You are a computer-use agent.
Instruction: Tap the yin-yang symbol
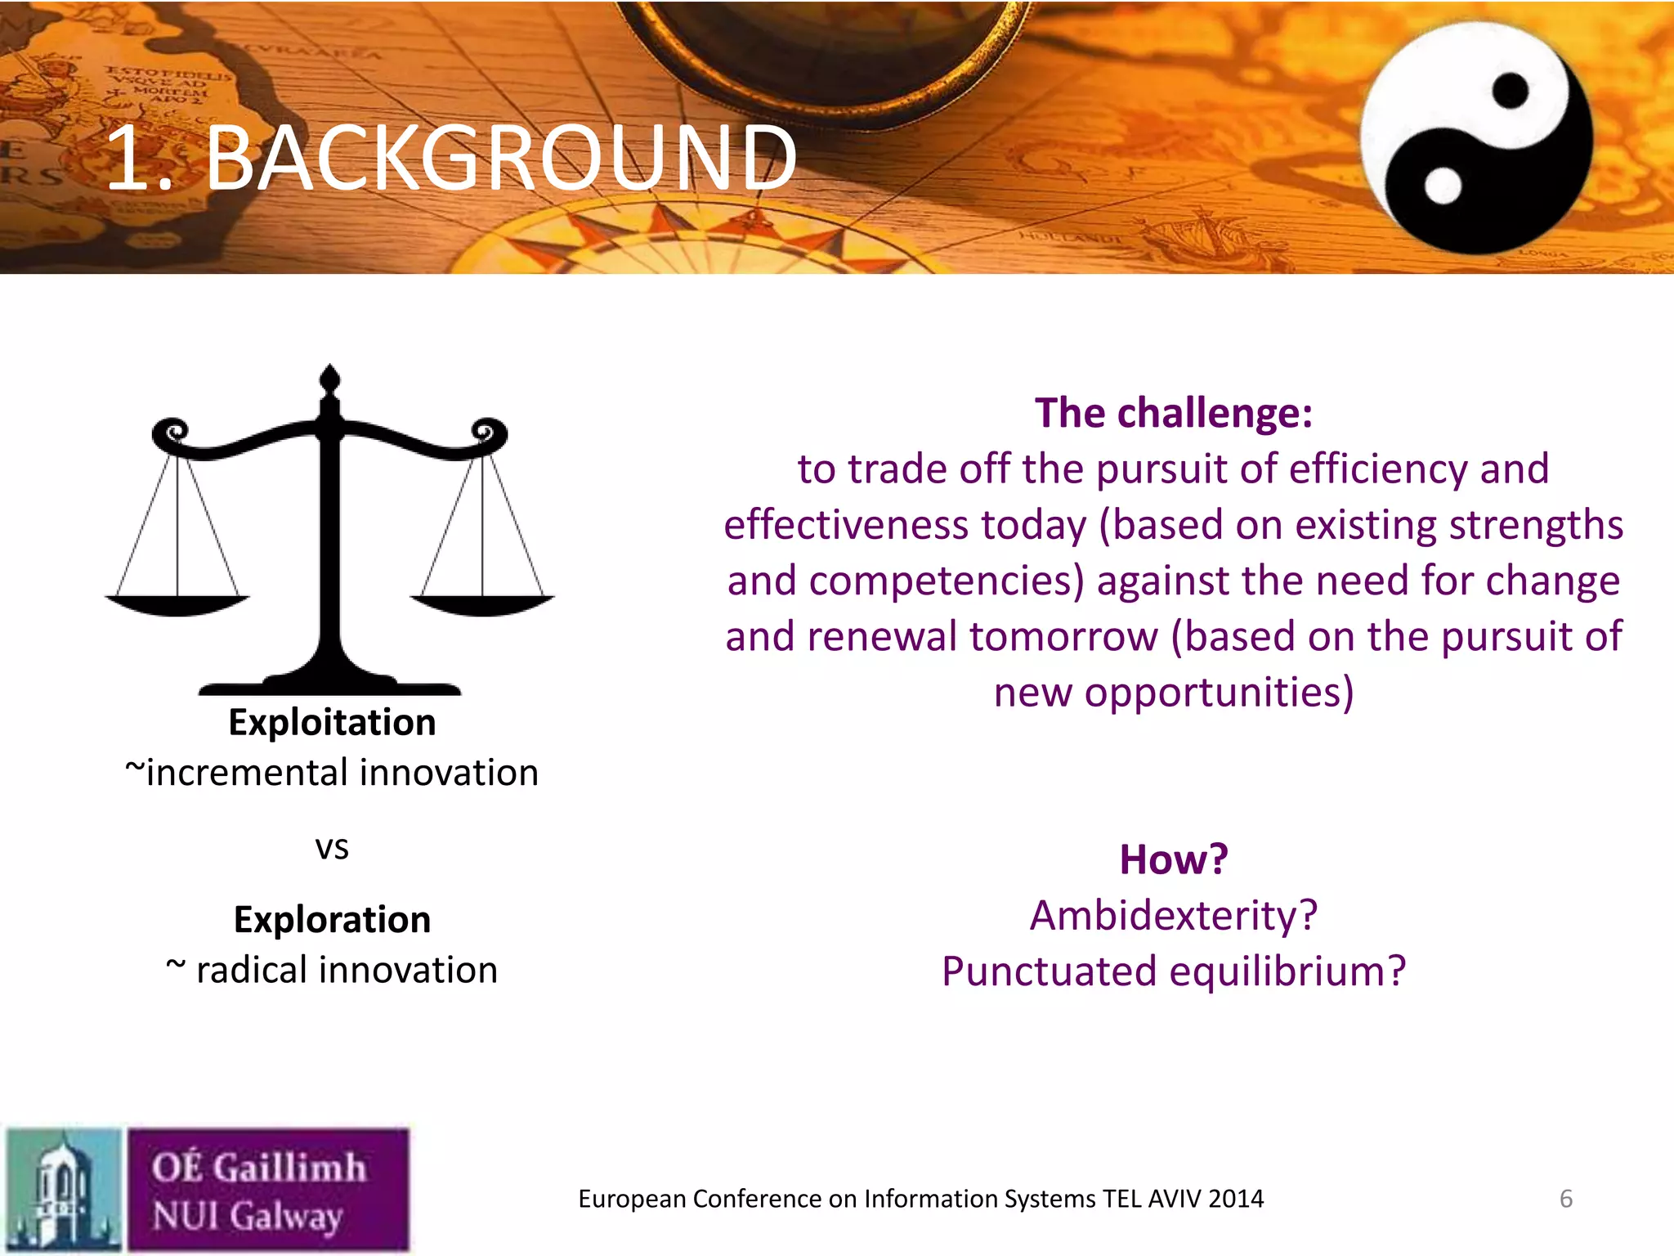[x=1476, y=137]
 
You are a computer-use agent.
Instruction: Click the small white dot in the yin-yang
[x=1443, y=185]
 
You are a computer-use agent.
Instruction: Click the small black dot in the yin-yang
[x=1510, y=90]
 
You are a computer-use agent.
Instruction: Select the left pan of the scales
[x=177, y=606]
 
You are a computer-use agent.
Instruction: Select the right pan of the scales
[x=482, y=606]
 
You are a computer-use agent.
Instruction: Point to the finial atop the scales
[x=329, y=379]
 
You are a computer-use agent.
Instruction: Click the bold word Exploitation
[x=332, y=723]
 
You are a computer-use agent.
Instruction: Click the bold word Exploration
[x=332, y=920]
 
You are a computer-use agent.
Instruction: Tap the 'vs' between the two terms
[x=332, y=848]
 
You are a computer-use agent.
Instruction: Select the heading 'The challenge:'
[x=1174, y=413]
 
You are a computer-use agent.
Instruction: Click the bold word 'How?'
[x=1174, y=860]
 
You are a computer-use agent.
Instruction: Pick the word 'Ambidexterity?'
[x=1174, y=916]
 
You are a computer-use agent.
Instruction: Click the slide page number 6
[x=1566, y=1199]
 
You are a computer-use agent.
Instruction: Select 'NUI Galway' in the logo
[x=247, y=1216]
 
